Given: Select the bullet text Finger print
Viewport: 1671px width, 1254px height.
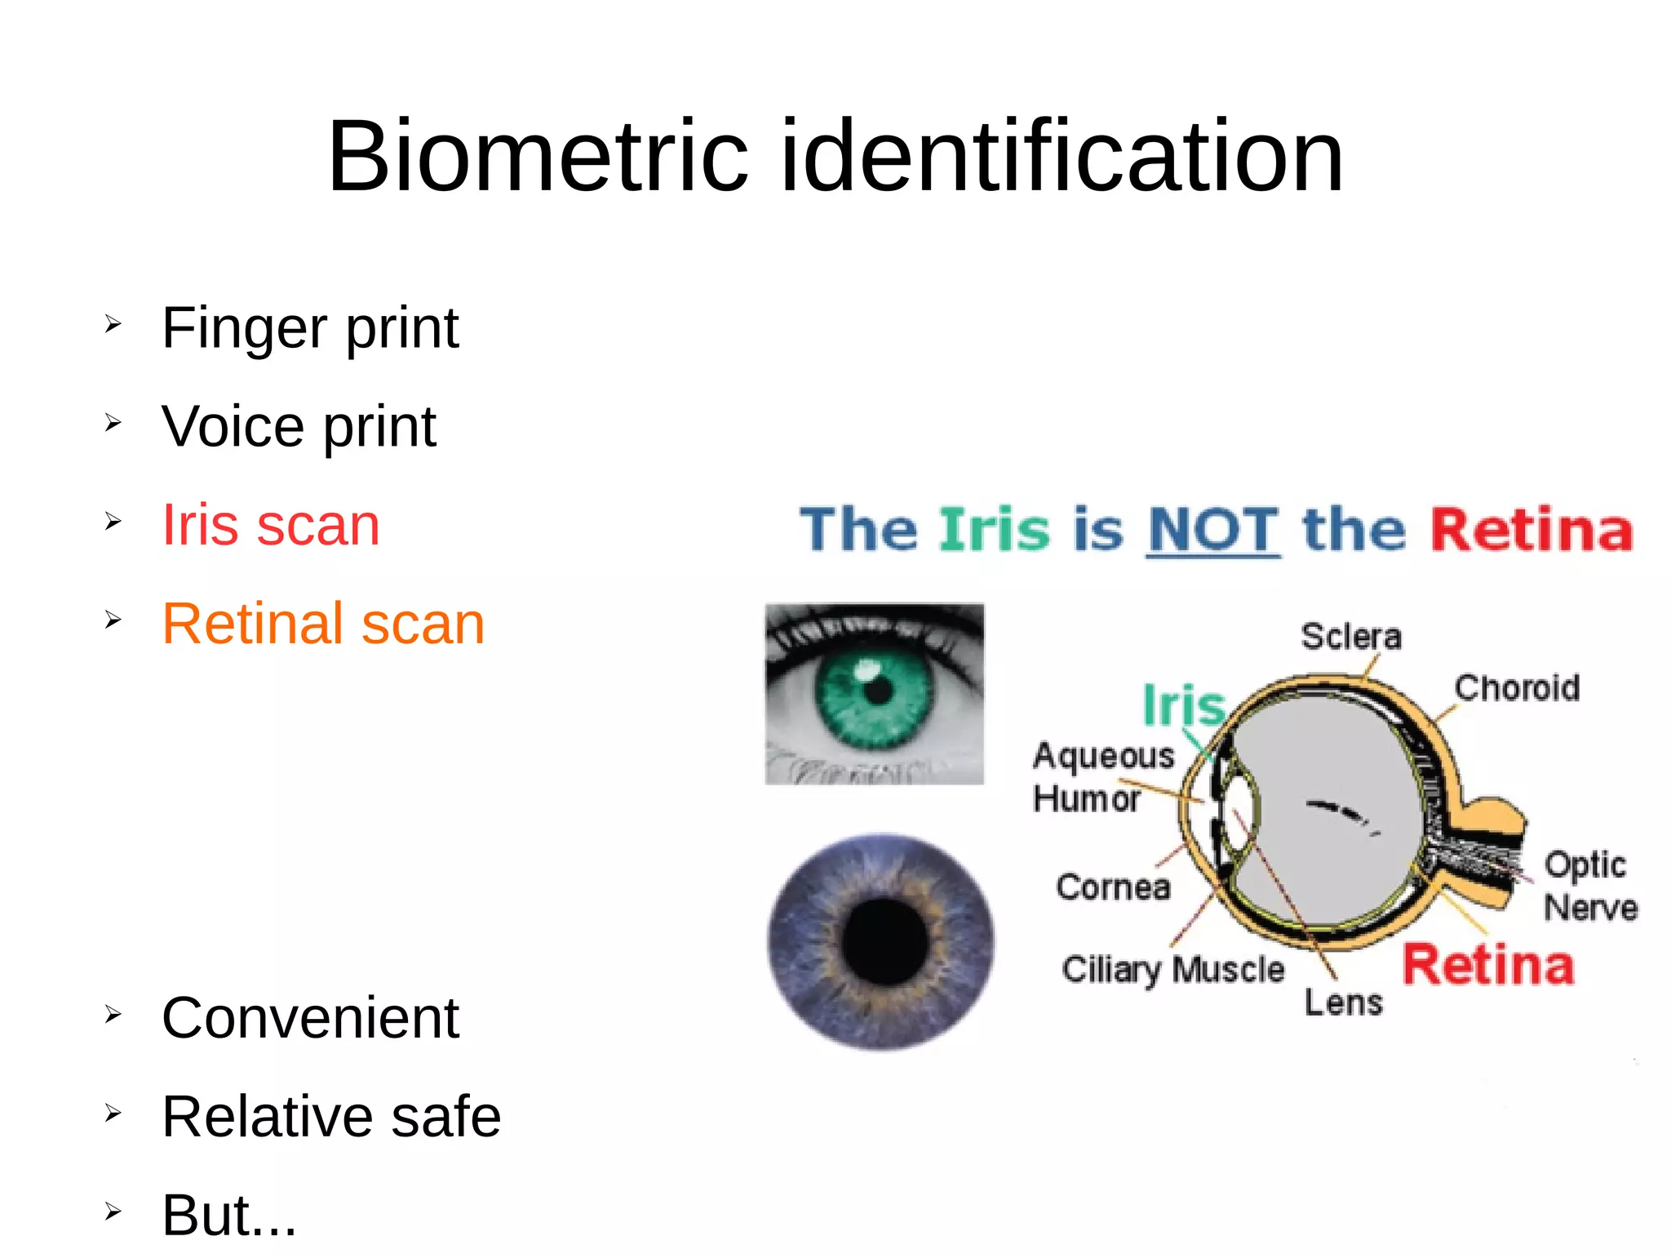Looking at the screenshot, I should (310, 328).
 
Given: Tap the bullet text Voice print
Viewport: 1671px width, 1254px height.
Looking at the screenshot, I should (299, 427).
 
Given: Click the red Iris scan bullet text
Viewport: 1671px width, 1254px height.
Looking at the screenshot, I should (271, 525).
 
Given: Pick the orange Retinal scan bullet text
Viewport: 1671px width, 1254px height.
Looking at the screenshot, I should (323, 624).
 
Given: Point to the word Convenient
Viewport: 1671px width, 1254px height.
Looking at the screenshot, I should (310, 1018).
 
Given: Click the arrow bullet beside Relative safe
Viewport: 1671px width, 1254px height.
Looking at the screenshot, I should (113, 1113).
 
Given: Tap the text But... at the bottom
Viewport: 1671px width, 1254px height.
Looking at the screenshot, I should (229, 1215).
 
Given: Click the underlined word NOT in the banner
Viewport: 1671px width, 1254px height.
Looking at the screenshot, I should (1212, 530).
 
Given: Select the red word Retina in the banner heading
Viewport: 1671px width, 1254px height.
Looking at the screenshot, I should (1531, 530).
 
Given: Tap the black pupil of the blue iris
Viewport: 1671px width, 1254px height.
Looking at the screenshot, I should (884, 941).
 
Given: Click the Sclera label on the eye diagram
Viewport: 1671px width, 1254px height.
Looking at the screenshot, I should (1351, 637).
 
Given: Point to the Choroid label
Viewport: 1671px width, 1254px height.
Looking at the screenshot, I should (1517, 688).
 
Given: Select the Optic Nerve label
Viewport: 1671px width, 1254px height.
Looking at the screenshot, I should (1589, 886).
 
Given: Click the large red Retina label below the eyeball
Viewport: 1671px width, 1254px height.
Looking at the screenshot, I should (1487, 965).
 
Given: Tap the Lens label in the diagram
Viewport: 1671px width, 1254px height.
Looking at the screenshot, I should (1343, 1003).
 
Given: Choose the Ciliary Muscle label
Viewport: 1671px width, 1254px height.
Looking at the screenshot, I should (1172, 970).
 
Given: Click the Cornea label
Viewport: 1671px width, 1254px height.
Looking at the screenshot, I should (1113, 887).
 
